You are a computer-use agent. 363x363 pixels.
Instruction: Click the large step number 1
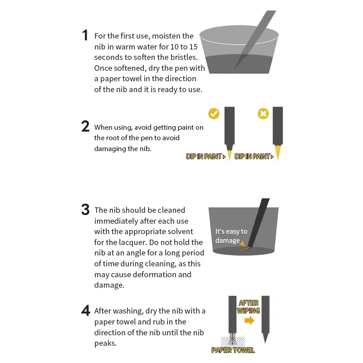click(85, 35)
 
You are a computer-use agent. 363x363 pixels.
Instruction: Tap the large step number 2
click(85, 127)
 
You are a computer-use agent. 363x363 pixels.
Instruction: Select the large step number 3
click(85, 209)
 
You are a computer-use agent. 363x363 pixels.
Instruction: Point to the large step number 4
click(85, 310)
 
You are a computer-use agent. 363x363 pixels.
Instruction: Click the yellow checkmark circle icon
click(214, 114)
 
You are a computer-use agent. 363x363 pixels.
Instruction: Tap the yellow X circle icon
click(263, 114)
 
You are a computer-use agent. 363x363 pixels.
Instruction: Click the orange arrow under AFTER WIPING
click(249, 320)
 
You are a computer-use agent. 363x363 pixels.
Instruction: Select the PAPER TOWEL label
click(233, 350)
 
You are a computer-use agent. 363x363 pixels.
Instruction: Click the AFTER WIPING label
click(248, 307)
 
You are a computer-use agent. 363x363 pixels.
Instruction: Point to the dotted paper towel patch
click(233, 341)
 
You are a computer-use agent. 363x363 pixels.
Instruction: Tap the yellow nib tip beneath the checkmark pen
click(230, 155)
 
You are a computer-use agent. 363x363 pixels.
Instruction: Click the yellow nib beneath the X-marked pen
click(278, 152)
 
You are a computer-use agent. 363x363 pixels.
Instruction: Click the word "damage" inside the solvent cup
click(227, 241)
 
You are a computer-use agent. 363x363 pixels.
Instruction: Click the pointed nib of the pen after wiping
click(265, 338)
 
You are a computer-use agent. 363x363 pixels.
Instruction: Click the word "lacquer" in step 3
click(132, 242)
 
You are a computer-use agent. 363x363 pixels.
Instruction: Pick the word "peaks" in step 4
click(105, 343)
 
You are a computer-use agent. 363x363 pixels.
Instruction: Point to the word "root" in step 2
click(113, 138)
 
